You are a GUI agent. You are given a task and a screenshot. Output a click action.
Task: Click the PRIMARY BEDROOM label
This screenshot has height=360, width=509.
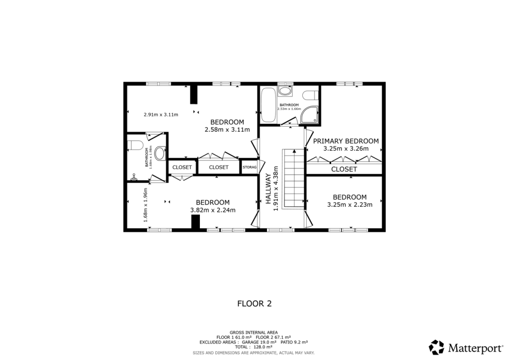point(346,141)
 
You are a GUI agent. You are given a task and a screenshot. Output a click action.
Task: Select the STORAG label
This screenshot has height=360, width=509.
point(250,168)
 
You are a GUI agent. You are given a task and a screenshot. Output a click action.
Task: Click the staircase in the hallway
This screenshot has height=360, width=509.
point(293,179)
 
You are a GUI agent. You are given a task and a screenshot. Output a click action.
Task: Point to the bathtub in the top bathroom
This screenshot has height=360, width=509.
point(268,105)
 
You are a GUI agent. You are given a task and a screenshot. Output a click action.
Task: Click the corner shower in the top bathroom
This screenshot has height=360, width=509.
point(310,114)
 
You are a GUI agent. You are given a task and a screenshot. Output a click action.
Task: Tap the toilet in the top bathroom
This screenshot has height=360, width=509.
point(309,94)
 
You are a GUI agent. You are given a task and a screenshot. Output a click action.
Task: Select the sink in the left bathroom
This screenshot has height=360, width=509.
point(160,153)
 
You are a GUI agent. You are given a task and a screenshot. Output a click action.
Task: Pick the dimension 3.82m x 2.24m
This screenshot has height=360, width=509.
point(213,210)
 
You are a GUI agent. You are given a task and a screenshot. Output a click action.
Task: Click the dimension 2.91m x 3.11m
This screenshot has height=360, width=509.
point(161,114)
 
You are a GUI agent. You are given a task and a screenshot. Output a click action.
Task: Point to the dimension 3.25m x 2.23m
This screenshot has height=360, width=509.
point(349,204)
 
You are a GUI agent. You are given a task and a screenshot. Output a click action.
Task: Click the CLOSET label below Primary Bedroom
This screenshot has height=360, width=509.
point(344,169)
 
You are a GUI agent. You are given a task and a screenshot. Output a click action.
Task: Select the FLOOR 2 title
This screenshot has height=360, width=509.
point(254,303)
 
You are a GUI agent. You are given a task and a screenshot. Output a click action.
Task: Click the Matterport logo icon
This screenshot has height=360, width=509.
point(436,347)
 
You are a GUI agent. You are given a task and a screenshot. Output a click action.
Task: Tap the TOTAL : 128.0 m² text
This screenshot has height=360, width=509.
point(254,347)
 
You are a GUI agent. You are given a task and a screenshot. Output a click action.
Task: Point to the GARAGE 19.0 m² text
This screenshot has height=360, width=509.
point(259,342)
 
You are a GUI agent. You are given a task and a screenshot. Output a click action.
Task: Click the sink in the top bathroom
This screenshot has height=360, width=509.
point(285,91)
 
